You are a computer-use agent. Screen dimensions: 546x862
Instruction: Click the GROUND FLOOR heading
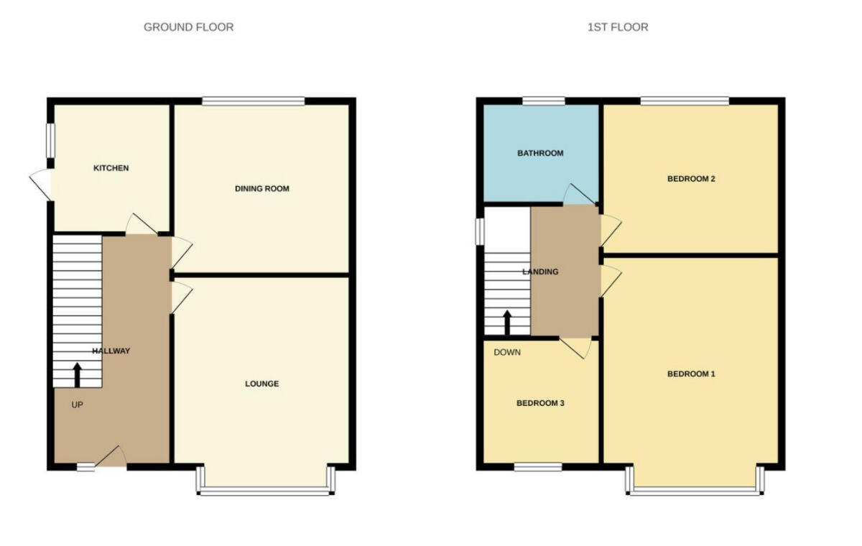click(188, 27)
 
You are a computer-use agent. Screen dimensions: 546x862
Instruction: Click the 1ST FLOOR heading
click(617, 27)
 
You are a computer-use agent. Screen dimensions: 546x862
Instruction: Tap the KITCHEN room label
click(111, 168)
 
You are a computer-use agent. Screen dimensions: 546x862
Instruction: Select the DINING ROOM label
click(262, 189)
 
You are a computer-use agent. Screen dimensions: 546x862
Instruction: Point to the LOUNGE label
click(261, 384)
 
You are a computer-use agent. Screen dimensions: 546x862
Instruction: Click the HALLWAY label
click(111, 351)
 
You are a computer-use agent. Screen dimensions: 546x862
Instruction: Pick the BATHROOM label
click(540, 153)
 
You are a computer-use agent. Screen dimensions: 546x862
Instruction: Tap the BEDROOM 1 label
click(691, 374)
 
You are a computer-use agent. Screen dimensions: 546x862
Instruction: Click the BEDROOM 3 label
click(540, 403)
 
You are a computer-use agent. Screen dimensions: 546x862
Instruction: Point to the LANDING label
click(540, 272)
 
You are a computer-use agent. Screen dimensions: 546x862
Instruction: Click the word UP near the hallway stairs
click(78, 405)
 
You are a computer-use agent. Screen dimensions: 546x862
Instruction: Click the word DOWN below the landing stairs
click(507, 353)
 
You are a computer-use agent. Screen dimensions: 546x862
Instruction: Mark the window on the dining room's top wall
click(254, 101)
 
